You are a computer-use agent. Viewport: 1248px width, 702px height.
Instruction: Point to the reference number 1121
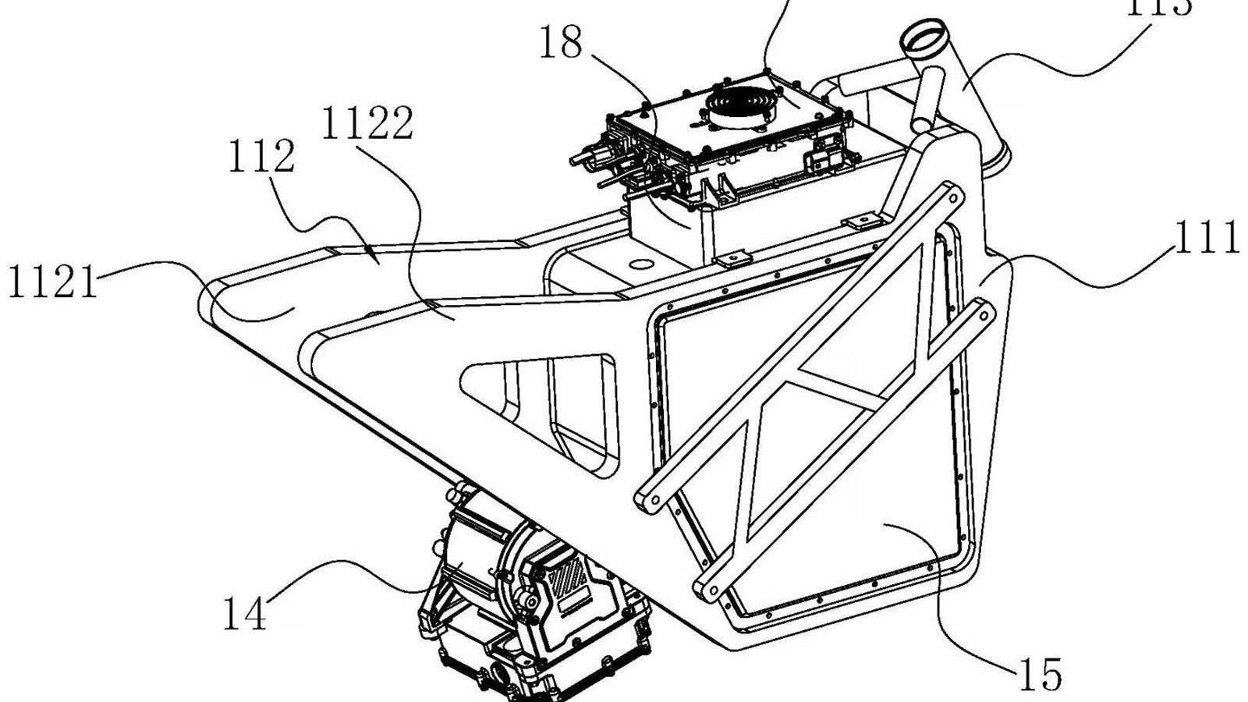pos(53,282)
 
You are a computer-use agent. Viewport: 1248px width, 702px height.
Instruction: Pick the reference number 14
pos(245,613)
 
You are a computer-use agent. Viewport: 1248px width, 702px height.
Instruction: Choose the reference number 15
pos(1042,672)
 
